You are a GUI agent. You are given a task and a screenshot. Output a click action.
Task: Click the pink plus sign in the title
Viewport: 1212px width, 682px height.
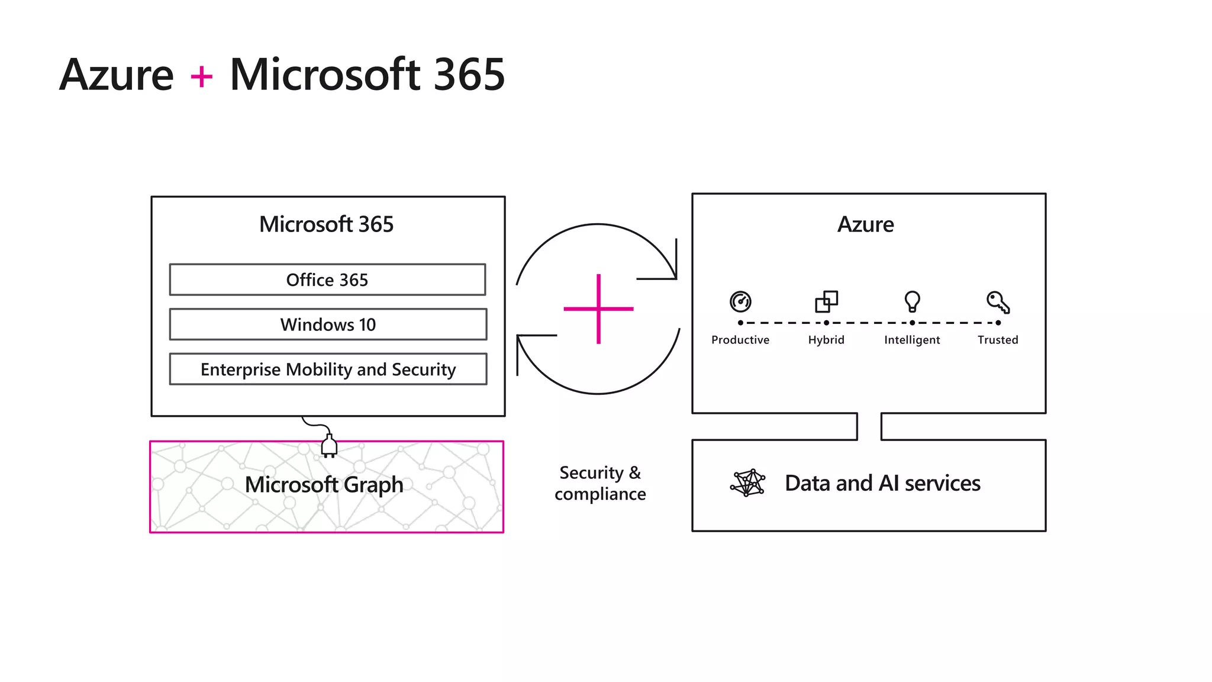point(201,77)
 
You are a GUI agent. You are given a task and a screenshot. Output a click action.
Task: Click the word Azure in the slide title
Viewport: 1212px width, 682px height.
point(117,75)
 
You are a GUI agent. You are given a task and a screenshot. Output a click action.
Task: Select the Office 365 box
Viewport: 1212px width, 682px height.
point(327,279)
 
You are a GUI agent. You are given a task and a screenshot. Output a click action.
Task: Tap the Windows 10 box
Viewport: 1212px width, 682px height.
point(328,324)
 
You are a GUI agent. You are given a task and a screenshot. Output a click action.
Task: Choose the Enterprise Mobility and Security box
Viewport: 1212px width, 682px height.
point(328,369)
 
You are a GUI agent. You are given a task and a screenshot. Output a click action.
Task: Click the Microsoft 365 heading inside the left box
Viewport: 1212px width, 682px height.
point(326,224)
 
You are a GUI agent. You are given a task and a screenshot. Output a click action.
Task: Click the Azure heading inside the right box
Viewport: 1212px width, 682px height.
point(865,224)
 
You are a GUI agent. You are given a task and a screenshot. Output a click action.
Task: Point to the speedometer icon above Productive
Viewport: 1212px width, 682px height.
point(740,301)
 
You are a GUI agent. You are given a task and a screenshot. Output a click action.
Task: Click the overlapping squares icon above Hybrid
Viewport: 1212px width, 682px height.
point(826,301)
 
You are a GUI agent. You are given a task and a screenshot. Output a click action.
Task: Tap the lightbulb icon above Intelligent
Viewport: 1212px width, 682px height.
point(912,301)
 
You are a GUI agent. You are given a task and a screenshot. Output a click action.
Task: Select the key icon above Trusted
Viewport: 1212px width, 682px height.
point(998,302)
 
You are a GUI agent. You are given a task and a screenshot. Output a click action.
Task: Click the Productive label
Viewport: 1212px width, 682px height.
point(740,340)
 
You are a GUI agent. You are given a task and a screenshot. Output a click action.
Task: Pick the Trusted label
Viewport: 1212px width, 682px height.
point(998,340)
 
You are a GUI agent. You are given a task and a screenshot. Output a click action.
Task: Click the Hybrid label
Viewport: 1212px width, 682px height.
point(826,340)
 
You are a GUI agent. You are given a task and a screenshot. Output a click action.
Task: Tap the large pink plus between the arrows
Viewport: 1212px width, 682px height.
point(598,308)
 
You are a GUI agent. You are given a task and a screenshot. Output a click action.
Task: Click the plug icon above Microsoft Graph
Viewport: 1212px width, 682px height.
point(329,446)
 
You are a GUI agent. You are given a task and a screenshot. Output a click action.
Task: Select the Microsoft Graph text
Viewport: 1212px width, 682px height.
point(324,485)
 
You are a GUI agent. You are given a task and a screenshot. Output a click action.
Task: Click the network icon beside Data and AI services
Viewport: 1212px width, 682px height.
point(747,483)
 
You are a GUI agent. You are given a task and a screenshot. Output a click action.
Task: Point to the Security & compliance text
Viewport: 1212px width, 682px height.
point(600,483)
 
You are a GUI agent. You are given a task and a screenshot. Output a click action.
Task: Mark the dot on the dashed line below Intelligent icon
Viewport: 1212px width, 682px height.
point(912,323)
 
